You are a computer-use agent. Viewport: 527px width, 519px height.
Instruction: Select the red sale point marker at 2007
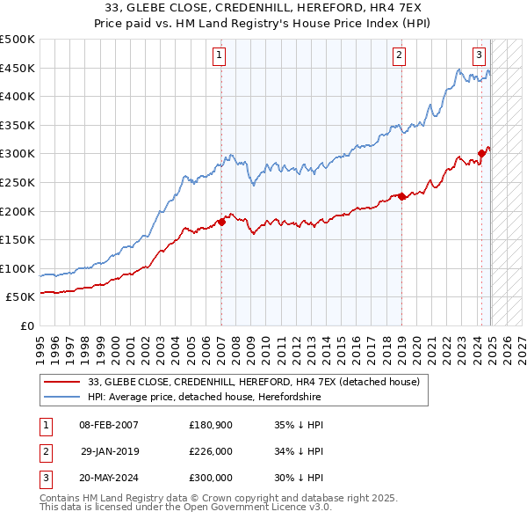coord(221,222)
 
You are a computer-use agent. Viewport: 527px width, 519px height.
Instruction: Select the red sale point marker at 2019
coord(401,196)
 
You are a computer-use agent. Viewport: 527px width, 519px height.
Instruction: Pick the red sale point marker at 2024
coord(481,154)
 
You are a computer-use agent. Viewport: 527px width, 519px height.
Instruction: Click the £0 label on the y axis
coord(27,325)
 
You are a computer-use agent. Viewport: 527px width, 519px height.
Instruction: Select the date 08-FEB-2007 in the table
coord(109,425)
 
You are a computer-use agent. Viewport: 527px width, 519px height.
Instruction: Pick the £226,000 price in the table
coord(211,451)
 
